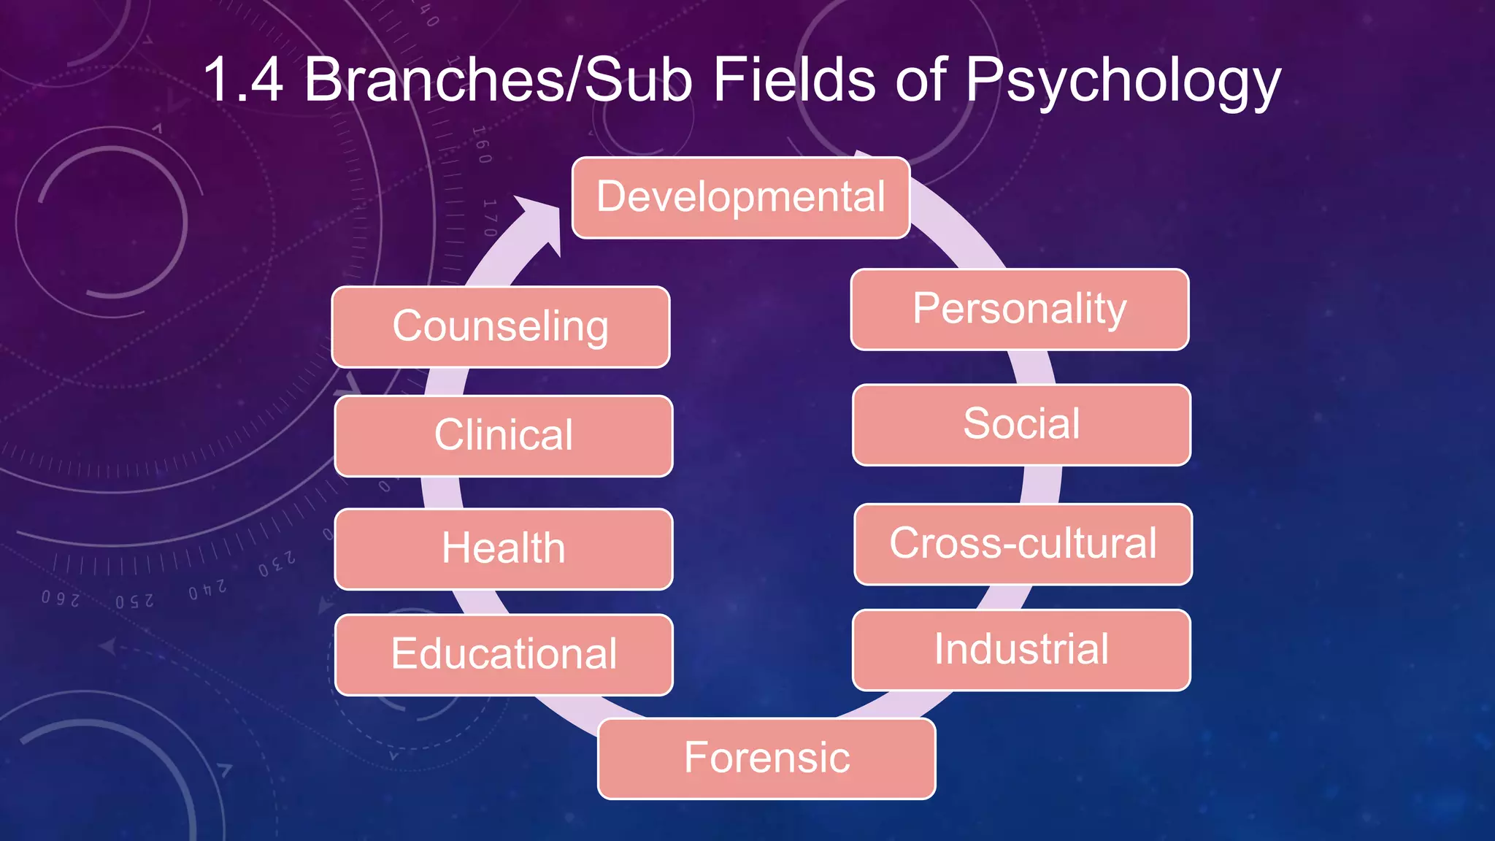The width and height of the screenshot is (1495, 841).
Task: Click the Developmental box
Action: (740, 197)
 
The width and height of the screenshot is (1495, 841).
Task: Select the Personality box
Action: (1019, 309)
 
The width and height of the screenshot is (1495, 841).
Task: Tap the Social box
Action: (1021, 424)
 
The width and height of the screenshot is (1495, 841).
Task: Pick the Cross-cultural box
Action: (1023, 544)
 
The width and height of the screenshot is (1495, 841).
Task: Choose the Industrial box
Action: (1021, 650)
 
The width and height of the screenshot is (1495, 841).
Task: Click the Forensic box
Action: (766, 758)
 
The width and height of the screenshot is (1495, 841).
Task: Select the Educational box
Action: (504, 654)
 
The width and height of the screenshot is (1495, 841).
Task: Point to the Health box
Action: (503, 549)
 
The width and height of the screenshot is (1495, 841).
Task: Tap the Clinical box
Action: (503, 436)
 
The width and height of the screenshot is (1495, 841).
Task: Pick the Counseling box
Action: (500, 326)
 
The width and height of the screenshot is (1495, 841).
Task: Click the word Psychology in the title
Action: (1123, 80)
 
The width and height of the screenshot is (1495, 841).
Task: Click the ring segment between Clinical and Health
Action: (442, 493)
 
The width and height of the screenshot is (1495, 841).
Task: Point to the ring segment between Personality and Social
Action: (1032, 367)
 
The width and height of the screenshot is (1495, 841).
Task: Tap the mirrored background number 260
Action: (61, 599)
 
